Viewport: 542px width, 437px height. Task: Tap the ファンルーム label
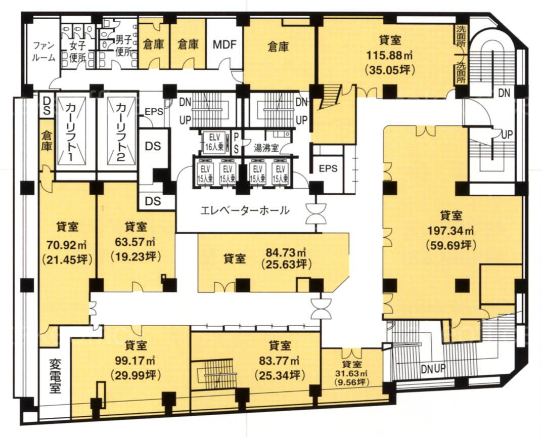pyautogui.click(x=43, y=51)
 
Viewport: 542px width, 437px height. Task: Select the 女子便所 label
pyautogui.click(x=77, y=51)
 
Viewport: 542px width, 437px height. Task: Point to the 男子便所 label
pyautogui.click(x=123, y=46)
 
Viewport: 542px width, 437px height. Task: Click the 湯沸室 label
pyautogui.click(x=266, y=149)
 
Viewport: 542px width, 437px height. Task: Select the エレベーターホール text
pyautogui.click(x=245, y=210)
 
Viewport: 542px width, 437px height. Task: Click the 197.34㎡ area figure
pyautogui.click(x=451, y=230)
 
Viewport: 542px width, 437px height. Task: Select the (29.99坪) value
pyautogui.click(x=135, y=375)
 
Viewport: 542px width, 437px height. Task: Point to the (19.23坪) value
pyautogui.click(x=135, y=256)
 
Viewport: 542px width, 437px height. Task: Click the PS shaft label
pyautogui.click(x=237, y=143)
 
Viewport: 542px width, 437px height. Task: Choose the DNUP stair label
pyautogui.click(x=433, y=369)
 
